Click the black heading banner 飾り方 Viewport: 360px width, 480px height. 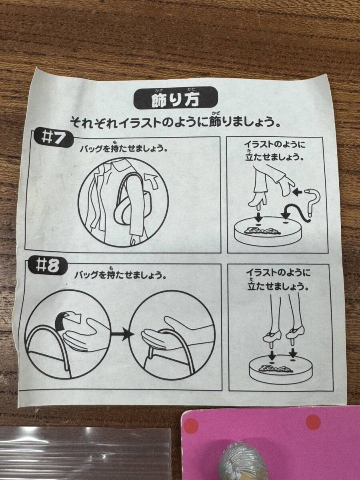click(175, 101)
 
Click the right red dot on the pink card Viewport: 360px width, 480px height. click(313, 422)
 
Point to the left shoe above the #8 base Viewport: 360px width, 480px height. click(272, 337)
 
